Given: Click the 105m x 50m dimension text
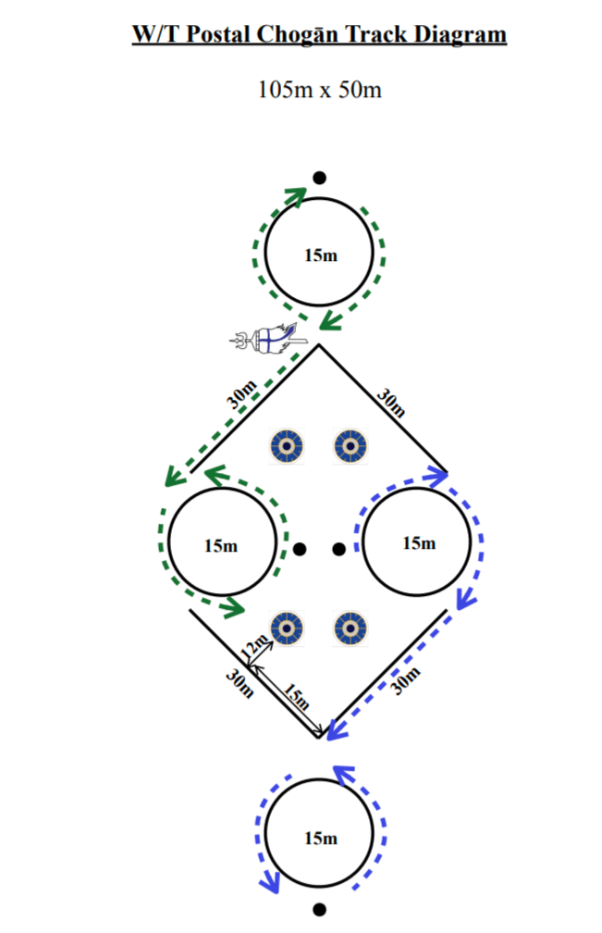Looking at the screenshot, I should coord(319,91).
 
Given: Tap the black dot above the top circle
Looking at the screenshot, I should coord(319,178).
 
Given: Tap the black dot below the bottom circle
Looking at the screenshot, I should coord(319,910).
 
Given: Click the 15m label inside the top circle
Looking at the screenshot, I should coord(320,255).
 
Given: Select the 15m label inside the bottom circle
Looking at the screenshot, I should coord(320,838).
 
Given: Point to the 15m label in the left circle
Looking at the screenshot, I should coord(220,545).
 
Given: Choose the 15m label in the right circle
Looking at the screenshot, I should coord(418,542).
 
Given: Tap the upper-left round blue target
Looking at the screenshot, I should coord(287,446).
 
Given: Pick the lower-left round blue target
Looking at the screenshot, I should coord(287,628).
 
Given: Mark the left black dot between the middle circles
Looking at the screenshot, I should coord(300,549).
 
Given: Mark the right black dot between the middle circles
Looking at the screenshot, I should coord(338,549).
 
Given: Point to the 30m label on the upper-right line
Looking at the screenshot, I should coord(391,403).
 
